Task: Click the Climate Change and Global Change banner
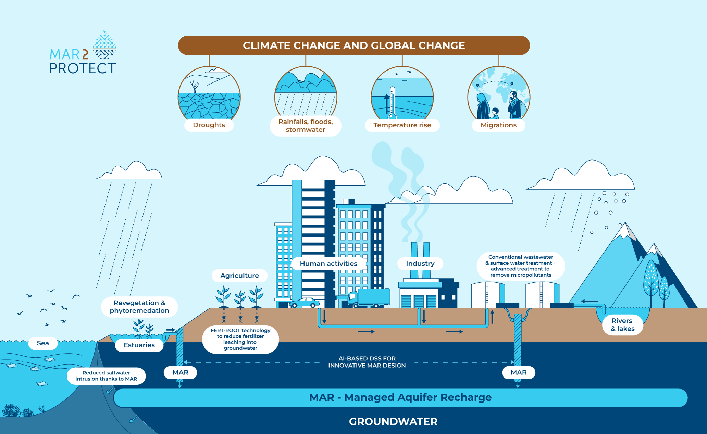353,46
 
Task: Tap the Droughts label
209,125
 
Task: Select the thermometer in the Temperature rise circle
393,103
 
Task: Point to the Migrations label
498,125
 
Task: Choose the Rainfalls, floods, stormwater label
305,126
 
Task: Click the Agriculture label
239,276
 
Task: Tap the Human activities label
328,264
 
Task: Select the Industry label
420,264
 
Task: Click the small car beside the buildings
304,303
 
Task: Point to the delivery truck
369,297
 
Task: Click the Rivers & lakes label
622,325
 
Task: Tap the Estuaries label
139,345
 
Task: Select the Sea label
43,343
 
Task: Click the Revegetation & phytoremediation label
139,307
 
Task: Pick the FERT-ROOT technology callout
240,339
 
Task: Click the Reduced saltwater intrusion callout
106,376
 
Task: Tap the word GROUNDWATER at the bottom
393,421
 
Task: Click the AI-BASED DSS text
367,362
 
